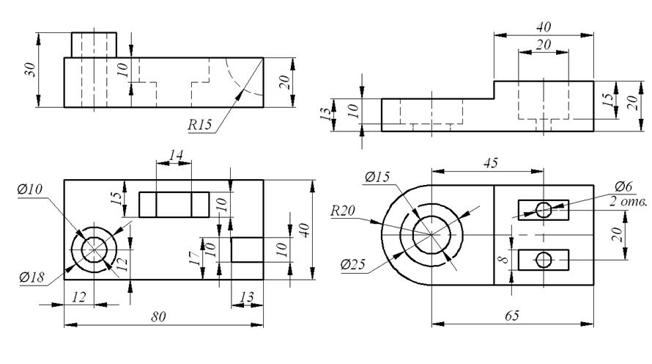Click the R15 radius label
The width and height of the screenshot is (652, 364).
coord(199,124)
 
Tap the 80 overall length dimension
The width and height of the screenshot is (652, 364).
coord(158,317)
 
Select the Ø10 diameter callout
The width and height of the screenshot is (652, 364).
coord(30,189)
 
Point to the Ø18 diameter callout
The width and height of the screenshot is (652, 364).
coord(32,277)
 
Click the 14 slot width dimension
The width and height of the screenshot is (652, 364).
coord(176,156)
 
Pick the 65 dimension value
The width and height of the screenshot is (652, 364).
coord(512,316)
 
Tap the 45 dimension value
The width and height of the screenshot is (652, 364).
coord(491,163)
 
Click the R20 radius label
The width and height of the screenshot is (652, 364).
coord(343,211)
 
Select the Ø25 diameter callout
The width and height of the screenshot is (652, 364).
coord(352,264)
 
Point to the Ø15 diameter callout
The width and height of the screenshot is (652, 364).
coord(377,177)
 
